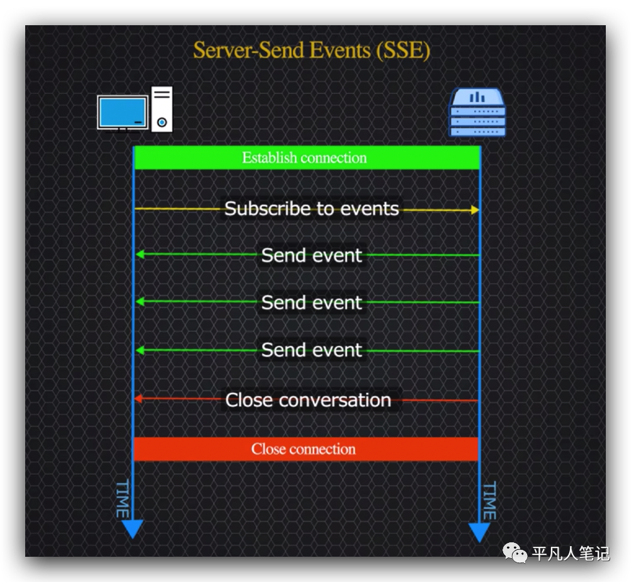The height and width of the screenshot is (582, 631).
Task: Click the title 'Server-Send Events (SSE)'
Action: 312,50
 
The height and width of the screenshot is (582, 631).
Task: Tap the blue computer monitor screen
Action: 122,112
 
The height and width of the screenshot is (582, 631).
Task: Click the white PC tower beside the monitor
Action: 162,109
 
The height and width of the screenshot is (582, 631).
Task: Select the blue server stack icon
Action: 477,113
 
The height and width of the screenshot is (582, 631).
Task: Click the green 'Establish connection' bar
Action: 307,157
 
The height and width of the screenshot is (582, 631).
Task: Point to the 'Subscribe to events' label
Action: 312,208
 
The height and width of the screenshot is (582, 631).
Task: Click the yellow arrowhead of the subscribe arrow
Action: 475,210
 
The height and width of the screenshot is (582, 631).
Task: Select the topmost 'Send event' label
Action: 312,255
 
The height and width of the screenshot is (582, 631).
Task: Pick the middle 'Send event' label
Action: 312,302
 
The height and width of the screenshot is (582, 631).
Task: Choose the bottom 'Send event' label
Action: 312,350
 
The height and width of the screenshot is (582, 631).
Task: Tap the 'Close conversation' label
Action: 308,400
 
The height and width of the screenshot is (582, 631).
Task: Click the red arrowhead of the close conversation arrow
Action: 138,399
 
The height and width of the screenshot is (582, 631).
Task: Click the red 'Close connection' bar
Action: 306,449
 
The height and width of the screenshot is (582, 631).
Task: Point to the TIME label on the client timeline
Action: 122,498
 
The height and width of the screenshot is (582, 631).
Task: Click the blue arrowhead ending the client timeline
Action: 132,529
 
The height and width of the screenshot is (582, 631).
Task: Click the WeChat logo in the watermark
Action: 514,552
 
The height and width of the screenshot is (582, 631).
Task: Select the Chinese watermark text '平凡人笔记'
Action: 571,554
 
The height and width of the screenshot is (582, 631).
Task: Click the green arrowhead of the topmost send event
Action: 140,254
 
